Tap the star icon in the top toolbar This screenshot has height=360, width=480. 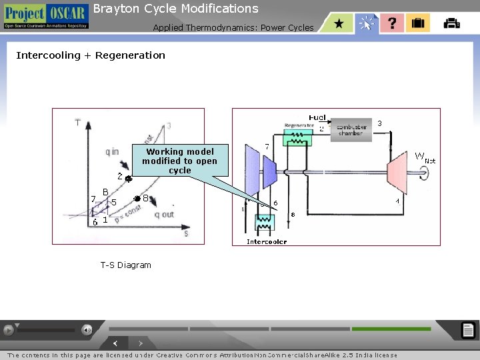point(339,23)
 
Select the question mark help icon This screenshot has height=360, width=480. point(392,23)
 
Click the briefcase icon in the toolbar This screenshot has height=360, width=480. point(418,23)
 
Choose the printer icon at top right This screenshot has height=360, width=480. point(451,23)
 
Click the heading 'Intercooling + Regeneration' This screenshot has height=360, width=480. point(91,55)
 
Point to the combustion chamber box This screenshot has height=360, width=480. point(351,129)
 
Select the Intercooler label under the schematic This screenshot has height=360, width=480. point(267,241)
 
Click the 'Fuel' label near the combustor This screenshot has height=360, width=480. point(317,117)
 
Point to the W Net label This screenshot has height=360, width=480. point(425,157)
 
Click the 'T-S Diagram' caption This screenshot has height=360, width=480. point(126,265)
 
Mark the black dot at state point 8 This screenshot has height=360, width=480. point(136,199)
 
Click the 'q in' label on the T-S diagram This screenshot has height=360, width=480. point(112,151)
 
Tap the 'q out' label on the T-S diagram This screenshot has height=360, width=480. point(164,214)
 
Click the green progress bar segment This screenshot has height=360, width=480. point(391,329)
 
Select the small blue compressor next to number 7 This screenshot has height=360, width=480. point(270,173)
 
